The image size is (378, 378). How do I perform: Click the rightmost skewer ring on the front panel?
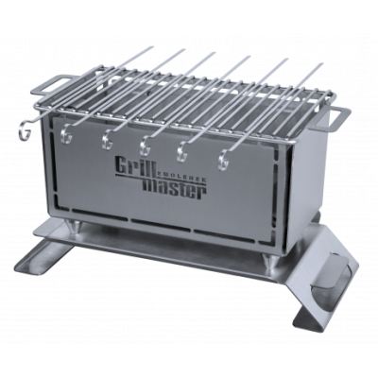(224, 148)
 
